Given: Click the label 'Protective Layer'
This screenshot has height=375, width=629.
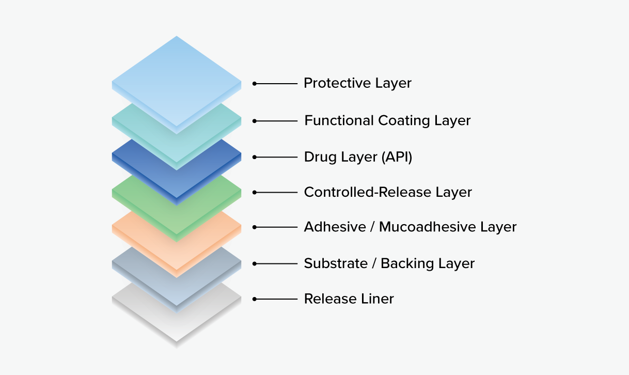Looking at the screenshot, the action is point(357,83).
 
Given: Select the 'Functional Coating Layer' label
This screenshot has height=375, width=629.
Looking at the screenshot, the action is point(387,121).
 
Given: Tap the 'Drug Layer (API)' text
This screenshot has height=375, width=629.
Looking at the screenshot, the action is point(358,157).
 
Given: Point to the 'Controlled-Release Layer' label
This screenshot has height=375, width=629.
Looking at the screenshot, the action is point(388,193).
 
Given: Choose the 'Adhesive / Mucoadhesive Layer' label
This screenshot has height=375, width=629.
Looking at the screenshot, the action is point(410,227).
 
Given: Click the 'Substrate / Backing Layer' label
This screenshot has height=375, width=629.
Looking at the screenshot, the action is point(389,263).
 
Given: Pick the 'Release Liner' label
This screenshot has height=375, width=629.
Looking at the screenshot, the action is point(349,299).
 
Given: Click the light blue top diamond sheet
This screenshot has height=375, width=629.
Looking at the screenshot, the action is point(177,82).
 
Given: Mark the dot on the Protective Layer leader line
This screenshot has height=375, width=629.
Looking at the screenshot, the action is point(255,84).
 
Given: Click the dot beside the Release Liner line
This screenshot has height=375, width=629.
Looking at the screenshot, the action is point(255,299).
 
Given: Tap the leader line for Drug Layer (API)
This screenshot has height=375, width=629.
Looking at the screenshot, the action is point(275,158).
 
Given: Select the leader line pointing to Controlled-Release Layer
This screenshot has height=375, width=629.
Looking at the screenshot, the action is point(275,193).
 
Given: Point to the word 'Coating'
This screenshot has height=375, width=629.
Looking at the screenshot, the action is point(404,121).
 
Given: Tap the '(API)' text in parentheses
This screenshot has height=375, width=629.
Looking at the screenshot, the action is point(397,157).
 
